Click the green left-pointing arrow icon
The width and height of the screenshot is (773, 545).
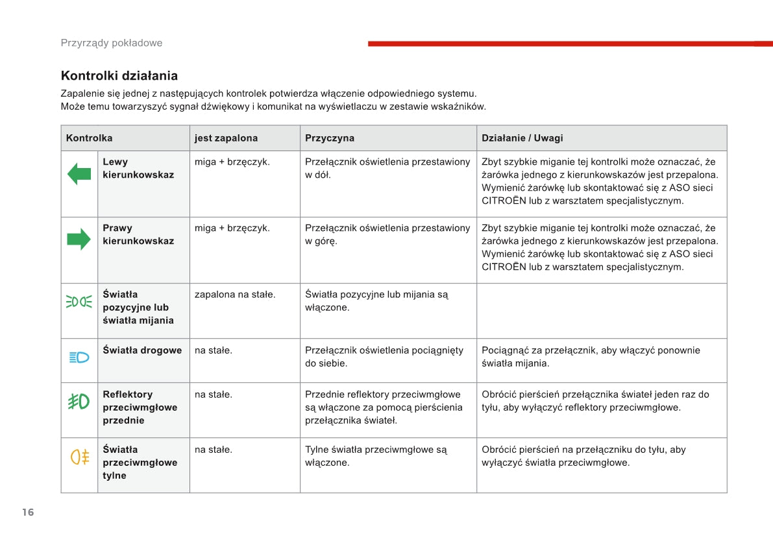tap(79, 174)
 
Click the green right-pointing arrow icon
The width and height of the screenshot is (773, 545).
tap(79, 239)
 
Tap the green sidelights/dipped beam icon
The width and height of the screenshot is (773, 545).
tap(79, 302)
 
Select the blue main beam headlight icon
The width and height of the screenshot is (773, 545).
tap(79, 357)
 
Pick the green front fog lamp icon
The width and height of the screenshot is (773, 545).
tap(79, 402)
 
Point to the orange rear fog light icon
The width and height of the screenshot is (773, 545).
tap(79, 457)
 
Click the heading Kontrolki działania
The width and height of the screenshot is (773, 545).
tap(119, 76)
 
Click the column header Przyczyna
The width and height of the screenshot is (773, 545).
tap(330, 138)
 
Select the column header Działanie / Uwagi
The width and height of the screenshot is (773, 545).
tap(522, 138)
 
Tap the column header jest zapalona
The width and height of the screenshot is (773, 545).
tap(226, 138)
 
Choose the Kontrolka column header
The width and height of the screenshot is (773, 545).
tap(89, 138)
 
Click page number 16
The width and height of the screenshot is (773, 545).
tap(28, 513)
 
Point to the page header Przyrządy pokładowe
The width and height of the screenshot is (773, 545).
tap(112, 43)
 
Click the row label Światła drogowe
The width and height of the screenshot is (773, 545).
tap(142, 350)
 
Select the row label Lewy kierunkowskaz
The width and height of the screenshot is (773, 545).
tap(138, 168)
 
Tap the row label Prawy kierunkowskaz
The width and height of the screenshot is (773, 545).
tap(138, 234)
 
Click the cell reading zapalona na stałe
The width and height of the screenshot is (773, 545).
tap(235, 295)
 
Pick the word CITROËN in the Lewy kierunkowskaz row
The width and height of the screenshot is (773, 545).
tap(504, 201)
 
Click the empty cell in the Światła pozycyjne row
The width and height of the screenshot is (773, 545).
tap(601, 310)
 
